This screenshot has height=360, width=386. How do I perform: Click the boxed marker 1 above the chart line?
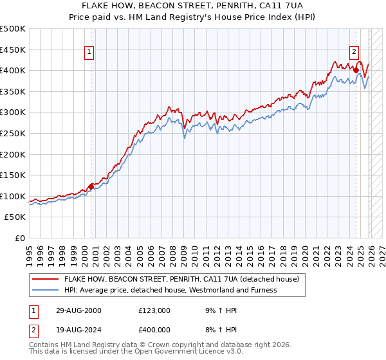89,53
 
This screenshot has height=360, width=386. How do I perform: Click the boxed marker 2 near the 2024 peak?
354,53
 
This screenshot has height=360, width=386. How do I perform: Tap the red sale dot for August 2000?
91,186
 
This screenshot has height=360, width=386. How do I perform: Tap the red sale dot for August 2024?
356,70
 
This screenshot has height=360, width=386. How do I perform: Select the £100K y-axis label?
13,196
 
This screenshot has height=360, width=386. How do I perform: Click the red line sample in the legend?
45,280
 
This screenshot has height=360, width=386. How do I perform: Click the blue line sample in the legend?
45,290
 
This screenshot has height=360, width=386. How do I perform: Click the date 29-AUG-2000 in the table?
78,310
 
